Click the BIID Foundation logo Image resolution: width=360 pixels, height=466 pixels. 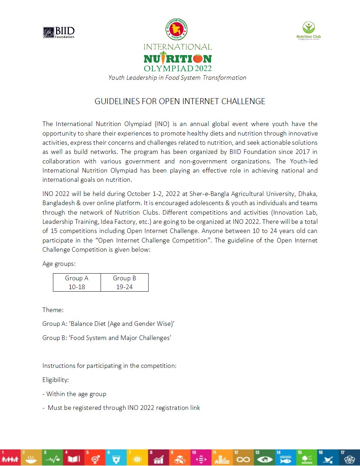59,32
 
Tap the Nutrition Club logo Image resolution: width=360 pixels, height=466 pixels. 308,31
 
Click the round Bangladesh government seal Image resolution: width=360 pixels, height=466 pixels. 176,29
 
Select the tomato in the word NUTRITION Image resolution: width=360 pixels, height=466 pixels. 198,59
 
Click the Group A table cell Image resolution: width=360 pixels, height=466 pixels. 77,278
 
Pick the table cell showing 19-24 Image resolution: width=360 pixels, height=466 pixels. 125,287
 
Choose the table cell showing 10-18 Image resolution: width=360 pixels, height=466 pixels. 77,287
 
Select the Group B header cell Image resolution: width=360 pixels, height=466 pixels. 125,278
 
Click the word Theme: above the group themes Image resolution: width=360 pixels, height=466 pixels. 53,310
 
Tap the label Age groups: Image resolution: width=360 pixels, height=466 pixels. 59,264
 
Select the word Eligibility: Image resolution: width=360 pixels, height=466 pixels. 55,380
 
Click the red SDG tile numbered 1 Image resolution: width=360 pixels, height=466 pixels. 10,458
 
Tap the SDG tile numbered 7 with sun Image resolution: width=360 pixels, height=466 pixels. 137,458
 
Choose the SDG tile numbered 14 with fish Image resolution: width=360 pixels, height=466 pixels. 286,458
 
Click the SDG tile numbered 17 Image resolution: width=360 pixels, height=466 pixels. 349,458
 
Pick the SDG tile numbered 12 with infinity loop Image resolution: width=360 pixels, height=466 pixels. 243,458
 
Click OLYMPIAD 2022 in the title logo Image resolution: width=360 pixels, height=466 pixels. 178,68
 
